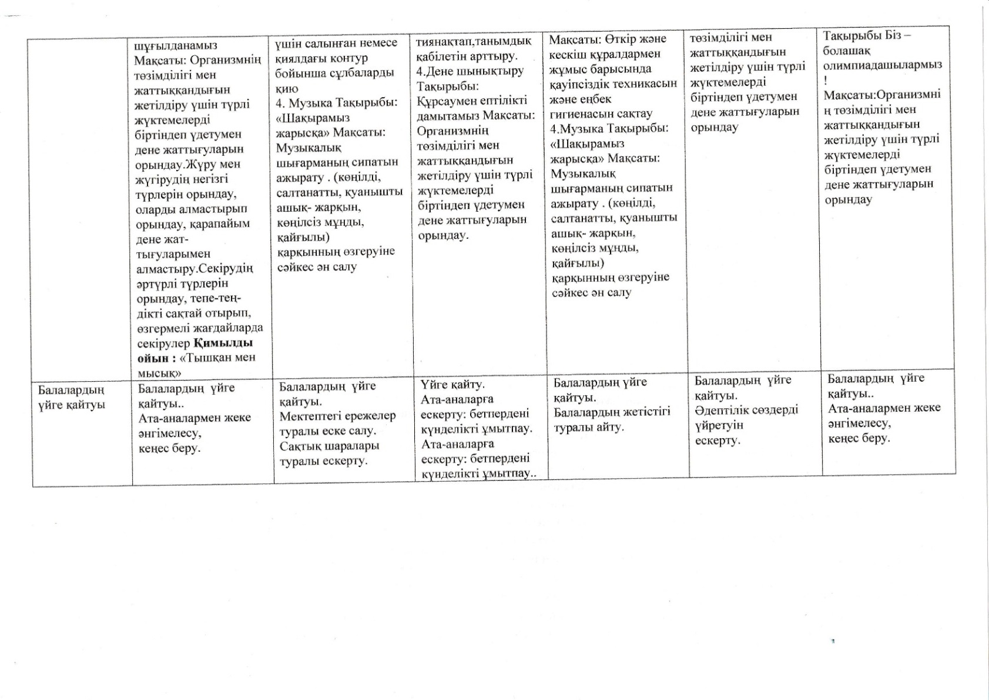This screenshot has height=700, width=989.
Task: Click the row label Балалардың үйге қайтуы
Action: [x=72, y=398]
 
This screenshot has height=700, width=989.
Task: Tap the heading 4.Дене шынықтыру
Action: [x=470, y=71]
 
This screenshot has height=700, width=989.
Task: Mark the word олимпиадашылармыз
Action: [x=883, y=65]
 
